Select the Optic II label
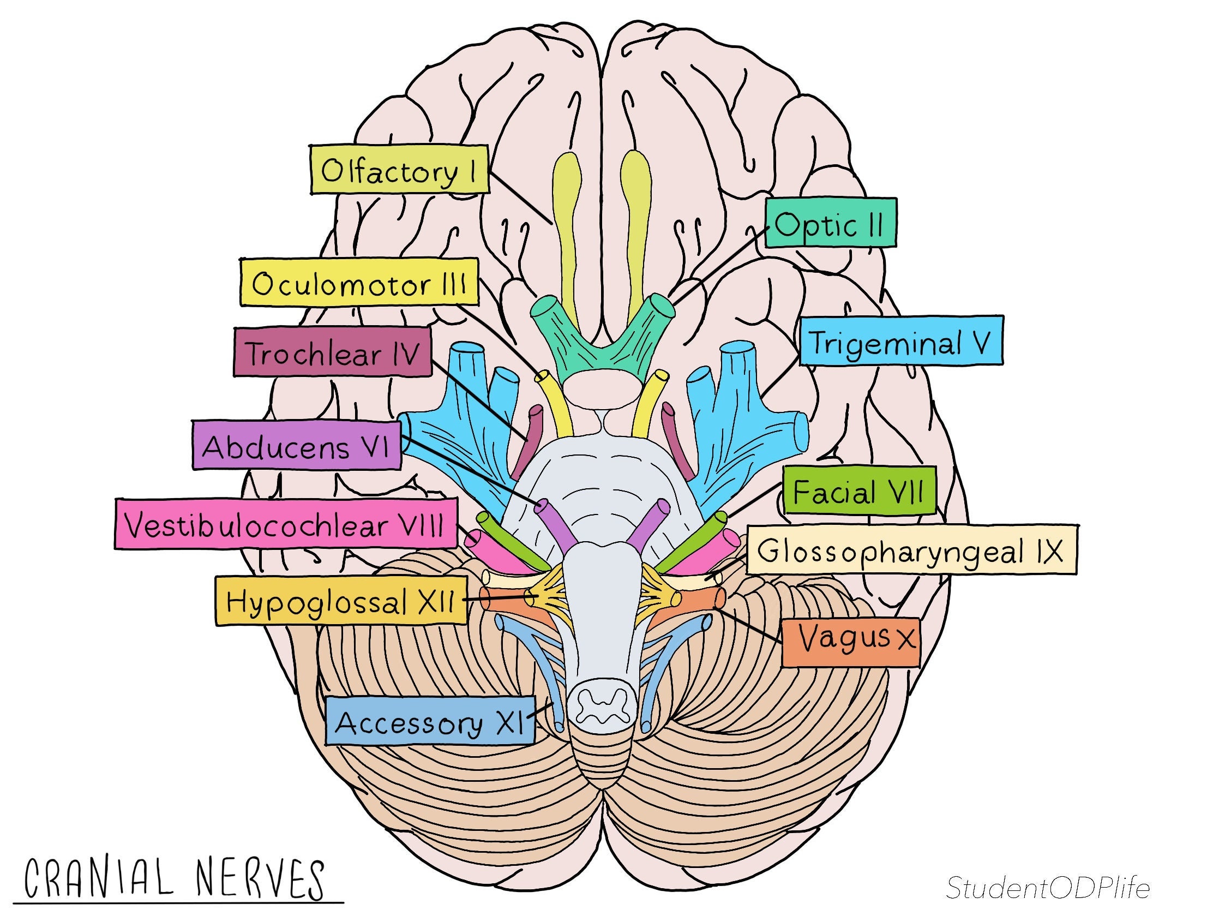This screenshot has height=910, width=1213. pyautogui.click(x=830, y=223)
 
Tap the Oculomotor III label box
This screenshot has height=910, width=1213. pyautogui.click(x=359, y=283)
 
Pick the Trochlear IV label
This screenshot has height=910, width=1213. pyautogui.click(x=332, y=352)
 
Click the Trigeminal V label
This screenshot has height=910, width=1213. pyautogui.click(x=900, y=340)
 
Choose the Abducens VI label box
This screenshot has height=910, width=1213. pyautogui.click(x=296, y=445)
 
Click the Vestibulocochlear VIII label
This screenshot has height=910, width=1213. pyautogui.click(x=286, y=523)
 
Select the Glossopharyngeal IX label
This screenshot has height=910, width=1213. pyautogui.click(x=911, y=549)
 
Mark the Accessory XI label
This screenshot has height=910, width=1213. pyautogui.click(x=429, y=720)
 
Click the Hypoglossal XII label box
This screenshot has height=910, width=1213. pyautogui.click(x=340, y=600)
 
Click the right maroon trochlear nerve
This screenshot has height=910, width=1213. pyautogui.click(x=676, y=439)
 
